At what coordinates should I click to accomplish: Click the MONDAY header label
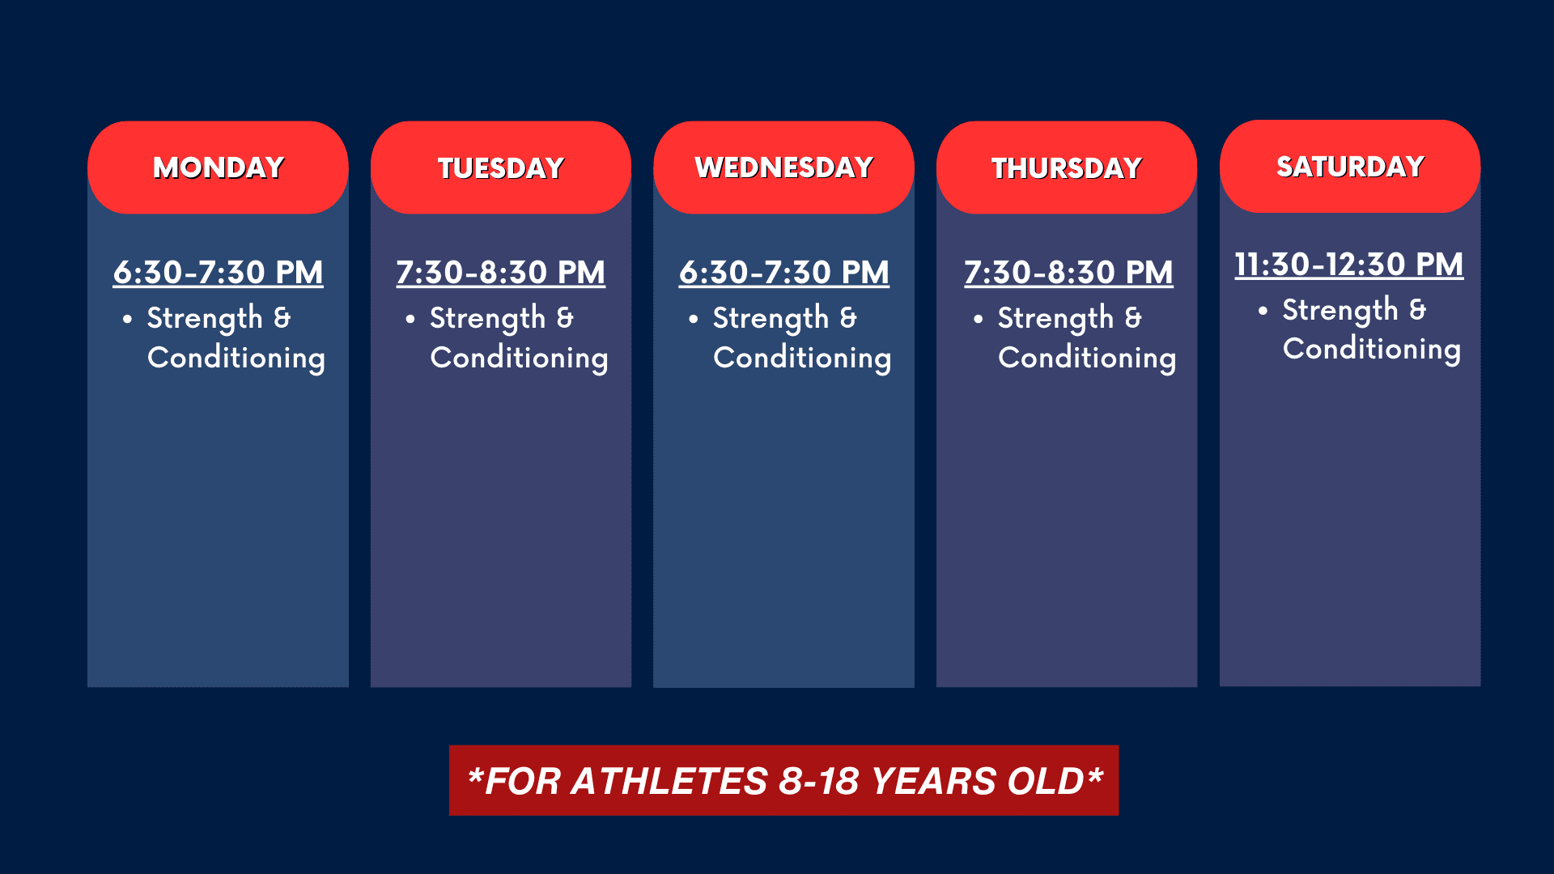click(219, 168)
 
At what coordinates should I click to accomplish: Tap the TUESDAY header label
click(501, 168)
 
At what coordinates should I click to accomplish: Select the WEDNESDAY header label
click(783, 168)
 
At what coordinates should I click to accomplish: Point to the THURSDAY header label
click(1067, 168)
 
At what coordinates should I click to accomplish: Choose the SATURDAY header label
click(1350, 167)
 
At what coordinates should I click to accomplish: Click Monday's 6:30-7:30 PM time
click(219, 272)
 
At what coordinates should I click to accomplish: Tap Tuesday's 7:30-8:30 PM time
click(501, 272)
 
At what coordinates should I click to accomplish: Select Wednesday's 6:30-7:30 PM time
click(784, 272)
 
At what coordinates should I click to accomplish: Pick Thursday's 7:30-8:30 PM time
click(1068, 272)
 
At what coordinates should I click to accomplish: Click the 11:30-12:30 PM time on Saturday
click(1349, 264)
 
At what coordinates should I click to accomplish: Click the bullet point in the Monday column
click(127, 320)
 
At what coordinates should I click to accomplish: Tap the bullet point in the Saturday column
click(1263, 311)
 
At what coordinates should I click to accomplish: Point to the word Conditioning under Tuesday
click(519, 358)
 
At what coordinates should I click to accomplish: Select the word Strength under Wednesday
click(771, 319)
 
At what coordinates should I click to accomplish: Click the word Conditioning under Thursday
click(1087, 358)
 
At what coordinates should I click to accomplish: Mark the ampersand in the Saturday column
click(1417, 310)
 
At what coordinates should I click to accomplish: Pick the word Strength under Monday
click(205, 319)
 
